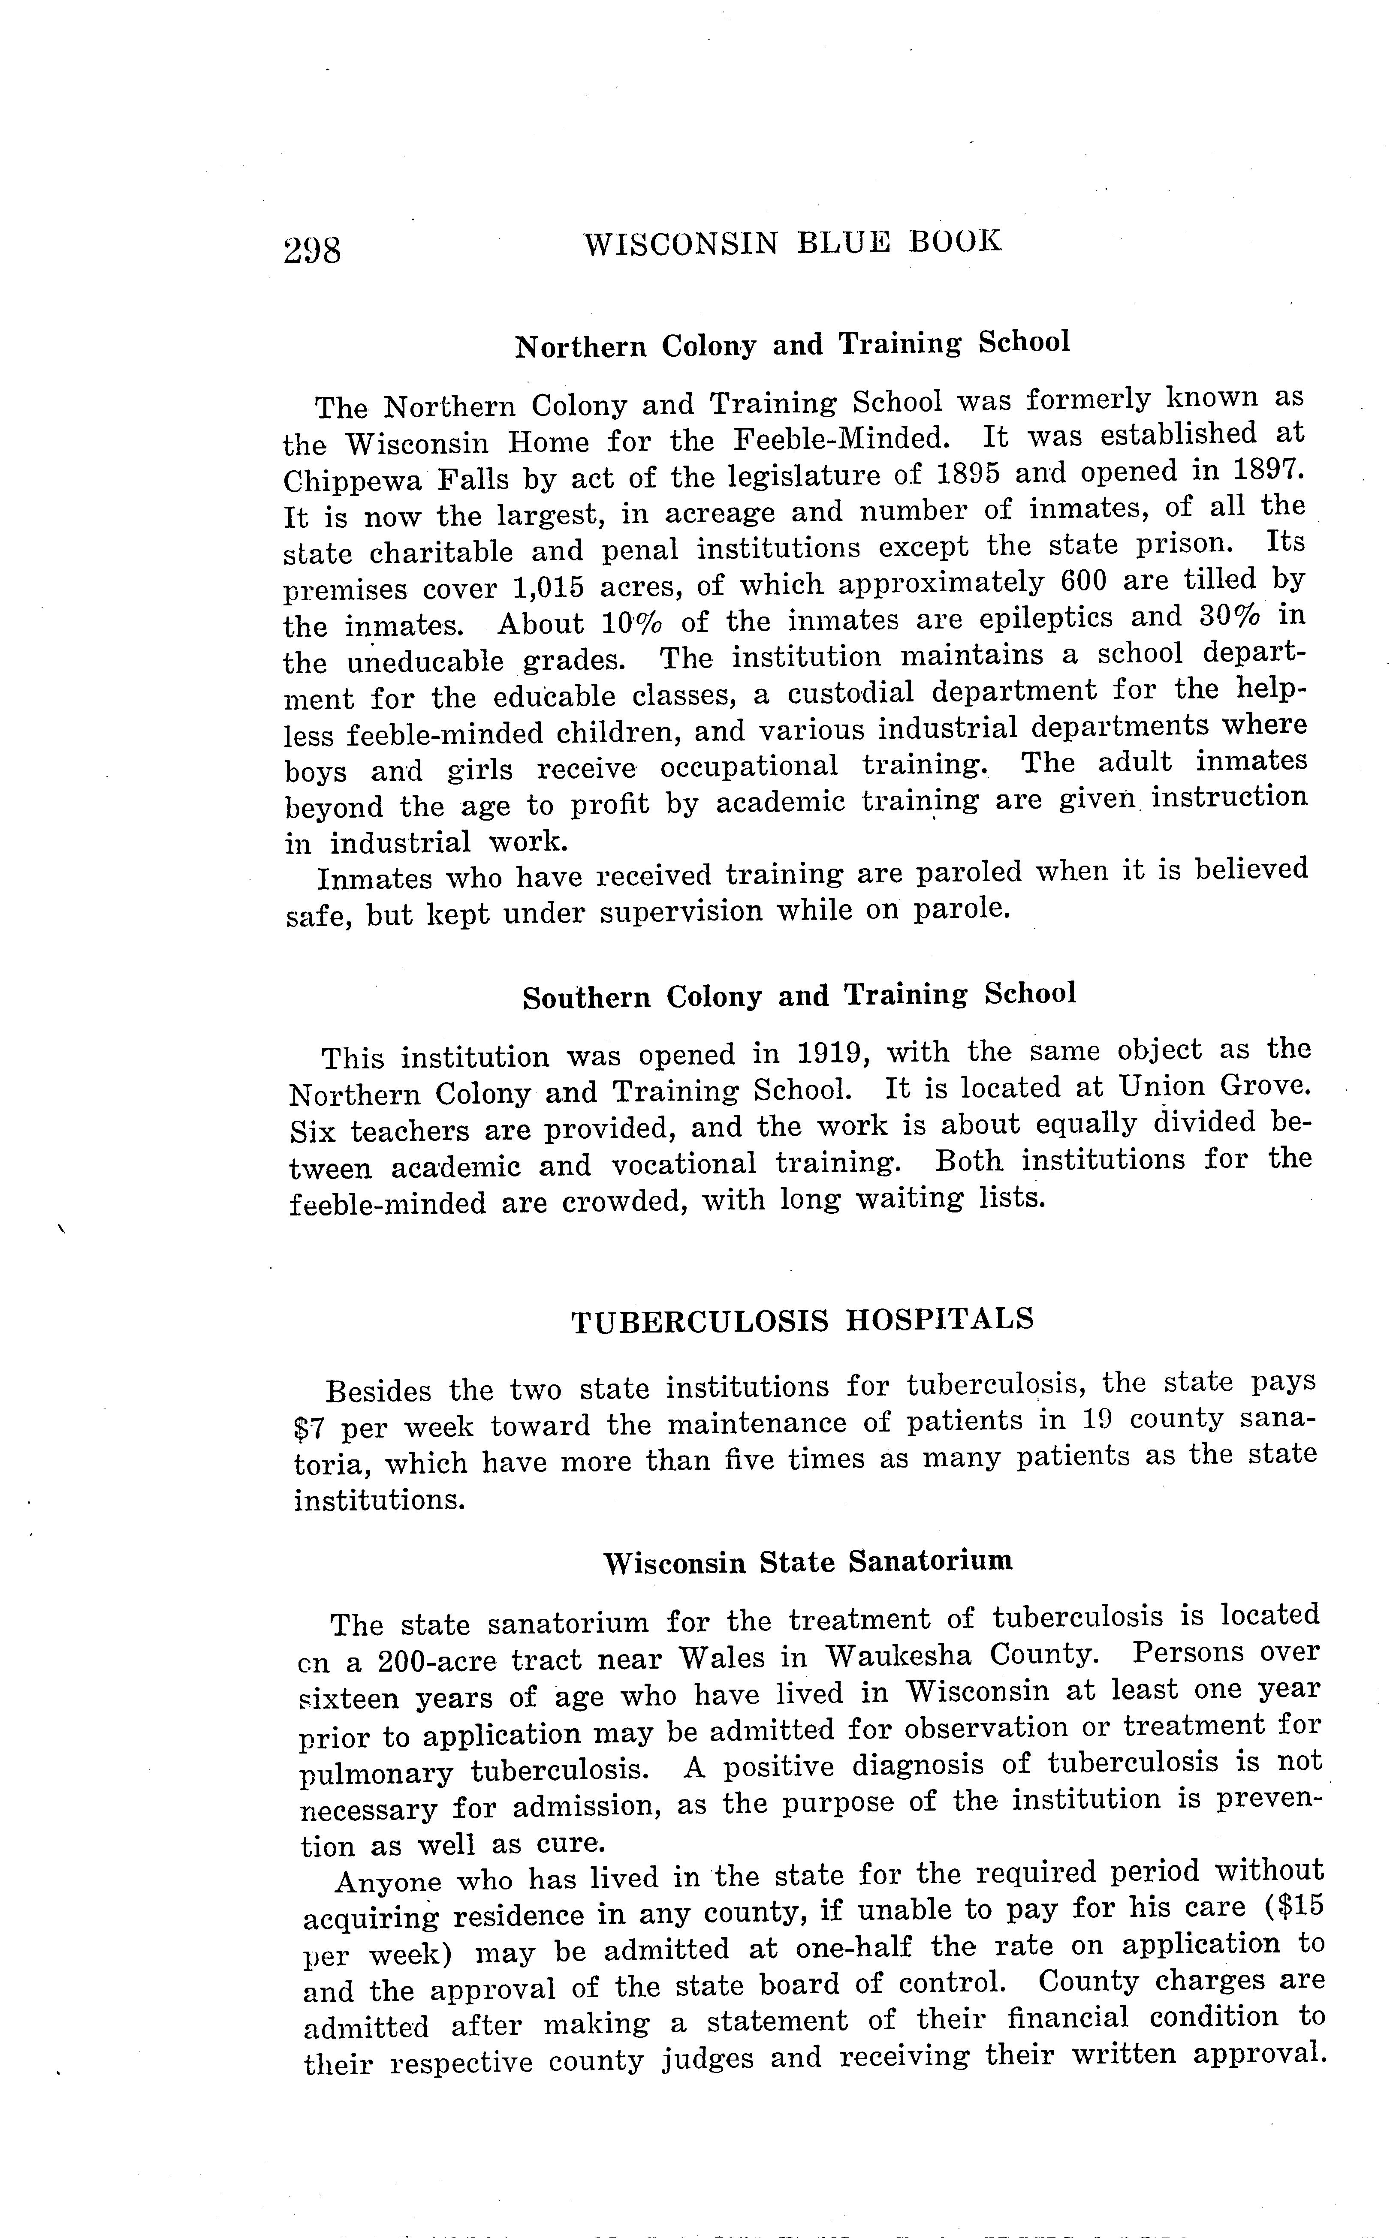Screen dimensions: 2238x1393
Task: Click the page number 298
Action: pyautogui.click(x=312, y=250)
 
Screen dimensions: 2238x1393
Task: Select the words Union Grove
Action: pyautogui.click(x=1213, y=1087)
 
